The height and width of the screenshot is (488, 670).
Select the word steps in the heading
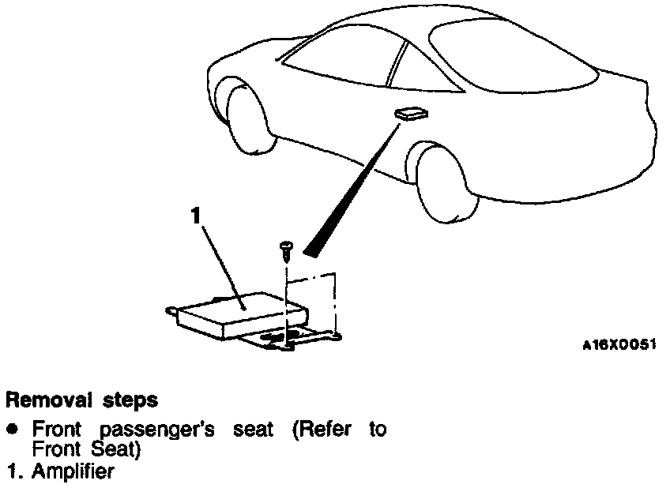[x=129, y=401]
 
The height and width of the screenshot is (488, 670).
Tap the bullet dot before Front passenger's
[x=12, y=430]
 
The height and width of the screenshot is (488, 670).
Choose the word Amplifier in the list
[x=72, y=472]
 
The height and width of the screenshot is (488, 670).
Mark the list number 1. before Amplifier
[x=13, y=472]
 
